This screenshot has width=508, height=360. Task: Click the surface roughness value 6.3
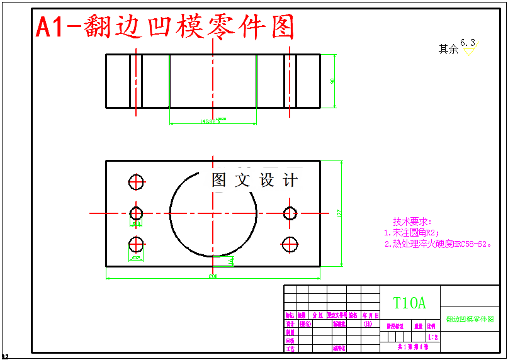point(468,42)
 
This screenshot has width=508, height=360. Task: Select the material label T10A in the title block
point(409,303)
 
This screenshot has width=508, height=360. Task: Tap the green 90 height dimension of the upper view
point(332,81)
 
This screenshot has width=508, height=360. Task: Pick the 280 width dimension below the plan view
point(213,276)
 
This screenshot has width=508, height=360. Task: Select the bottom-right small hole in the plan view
point(290,244)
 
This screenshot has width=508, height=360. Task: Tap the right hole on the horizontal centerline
point(290,213)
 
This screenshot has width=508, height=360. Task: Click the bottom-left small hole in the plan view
point(137,244)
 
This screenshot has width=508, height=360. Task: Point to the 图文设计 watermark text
point(254,181)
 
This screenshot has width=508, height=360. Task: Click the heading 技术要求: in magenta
point(412,222)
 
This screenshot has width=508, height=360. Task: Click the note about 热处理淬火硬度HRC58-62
point(438,244)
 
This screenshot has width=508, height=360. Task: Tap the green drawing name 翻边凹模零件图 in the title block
point(470,319)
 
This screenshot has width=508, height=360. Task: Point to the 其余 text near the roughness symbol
point(448,49)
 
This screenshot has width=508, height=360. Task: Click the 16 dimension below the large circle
point(231,260)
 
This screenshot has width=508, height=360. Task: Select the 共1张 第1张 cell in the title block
point(412,347)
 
